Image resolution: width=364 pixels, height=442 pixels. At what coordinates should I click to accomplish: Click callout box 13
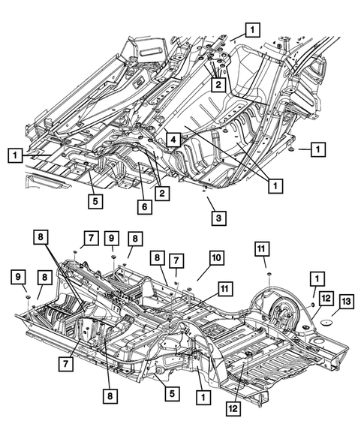click(346, 301)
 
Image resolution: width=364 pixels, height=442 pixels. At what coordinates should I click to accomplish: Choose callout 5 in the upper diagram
click(94, 200)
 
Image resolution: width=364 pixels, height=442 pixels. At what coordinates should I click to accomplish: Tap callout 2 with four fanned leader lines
click(218, 86)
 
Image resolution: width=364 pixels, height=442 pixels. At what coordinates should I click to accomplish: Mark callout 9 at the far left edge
click(16, 278)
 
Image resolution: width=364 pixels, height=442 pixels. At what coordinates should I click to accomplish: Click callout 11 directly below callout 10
click(224, 288)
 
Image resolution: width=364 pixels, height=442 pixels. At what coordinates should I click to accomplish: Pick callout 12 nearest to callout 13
click(323, 299)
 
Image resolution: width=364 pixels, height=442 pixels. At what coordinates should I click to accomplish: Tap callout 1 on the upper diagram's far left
click(15, 156)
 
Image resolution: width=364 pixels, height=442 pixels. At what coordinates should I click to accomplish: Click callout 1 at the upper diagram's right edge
click(318, 150)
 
